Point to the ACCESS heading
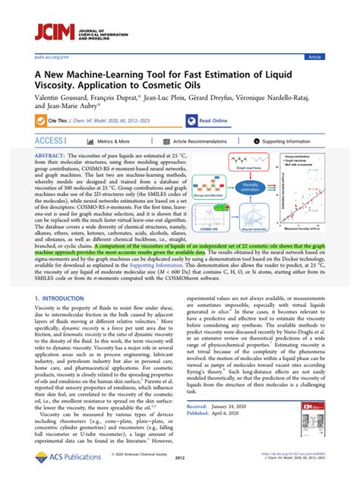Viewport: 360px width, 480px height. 49,141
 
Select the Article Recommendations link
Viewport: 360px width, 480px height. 200,141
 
